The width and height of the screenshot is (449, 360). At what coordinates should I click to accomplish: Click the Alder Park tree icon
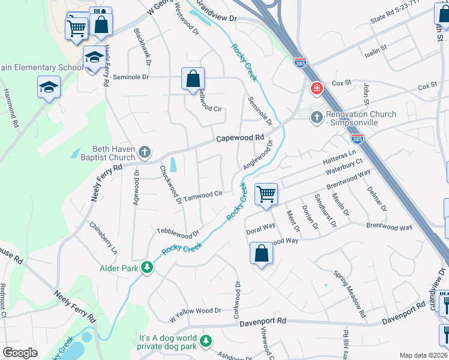(147, 267)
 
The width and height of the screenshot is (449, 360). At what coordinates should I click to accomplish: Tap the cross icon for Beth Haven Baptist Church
(145, 152)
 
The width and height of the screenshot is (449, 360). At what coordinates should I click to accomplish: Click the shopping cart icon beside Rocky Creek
(265, 194)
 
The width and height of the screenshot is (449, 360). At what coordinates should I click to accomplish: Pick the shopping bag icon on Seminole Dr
(193, 79)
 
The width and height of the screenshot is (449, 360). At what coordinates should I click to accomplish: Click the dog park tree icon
(206, 341)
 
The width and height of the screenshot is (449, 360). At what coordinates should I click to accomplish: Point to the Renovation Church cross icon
(316, 118)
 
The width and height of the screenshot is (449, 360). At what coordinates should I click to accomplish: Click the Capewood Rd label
(240, 137)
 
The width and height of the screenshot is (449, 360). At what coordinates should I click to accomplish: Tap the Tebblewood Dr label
(178, 232)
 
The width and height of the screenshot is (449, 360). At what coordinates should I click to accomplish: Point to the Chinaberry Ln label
(103, 238)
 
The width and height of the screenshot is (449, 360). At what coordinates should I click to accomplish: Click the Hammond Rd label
(10, 108)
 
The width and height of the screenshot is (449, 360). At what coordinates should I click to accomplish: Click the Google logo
(20, 353)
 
